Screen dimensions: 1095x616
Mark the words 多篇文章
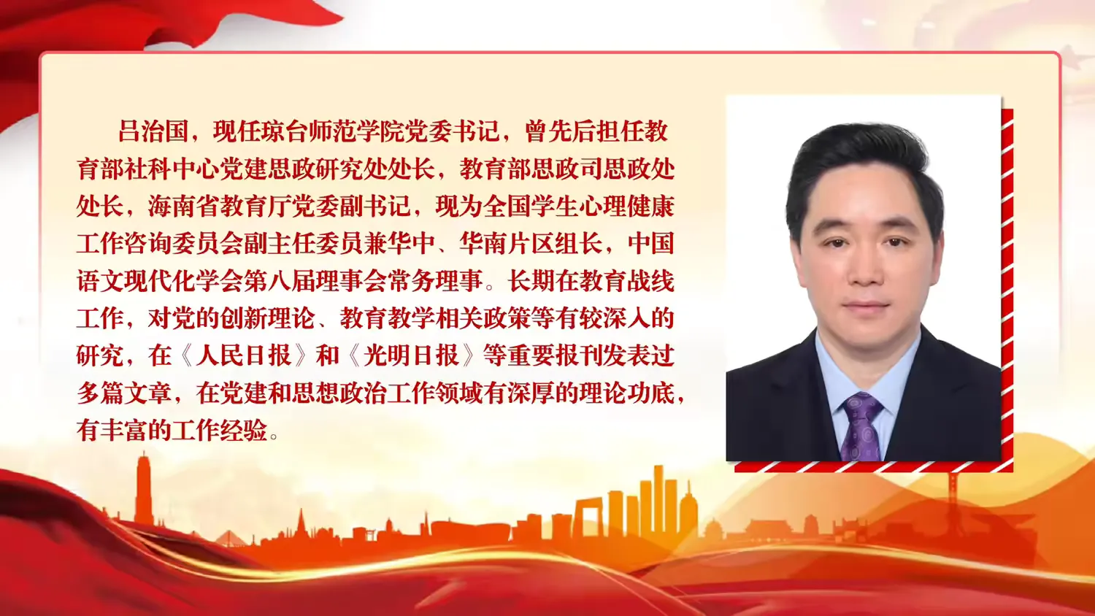(124, 393)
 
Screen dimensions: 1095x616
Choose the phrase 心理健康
(626, 207)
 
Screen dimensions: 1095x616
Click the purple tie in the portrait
(861, 426)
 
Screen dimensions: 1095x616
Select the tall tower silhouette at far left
(143, 489)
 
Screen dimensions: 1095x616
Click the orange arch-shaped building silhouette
(588, 518)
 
